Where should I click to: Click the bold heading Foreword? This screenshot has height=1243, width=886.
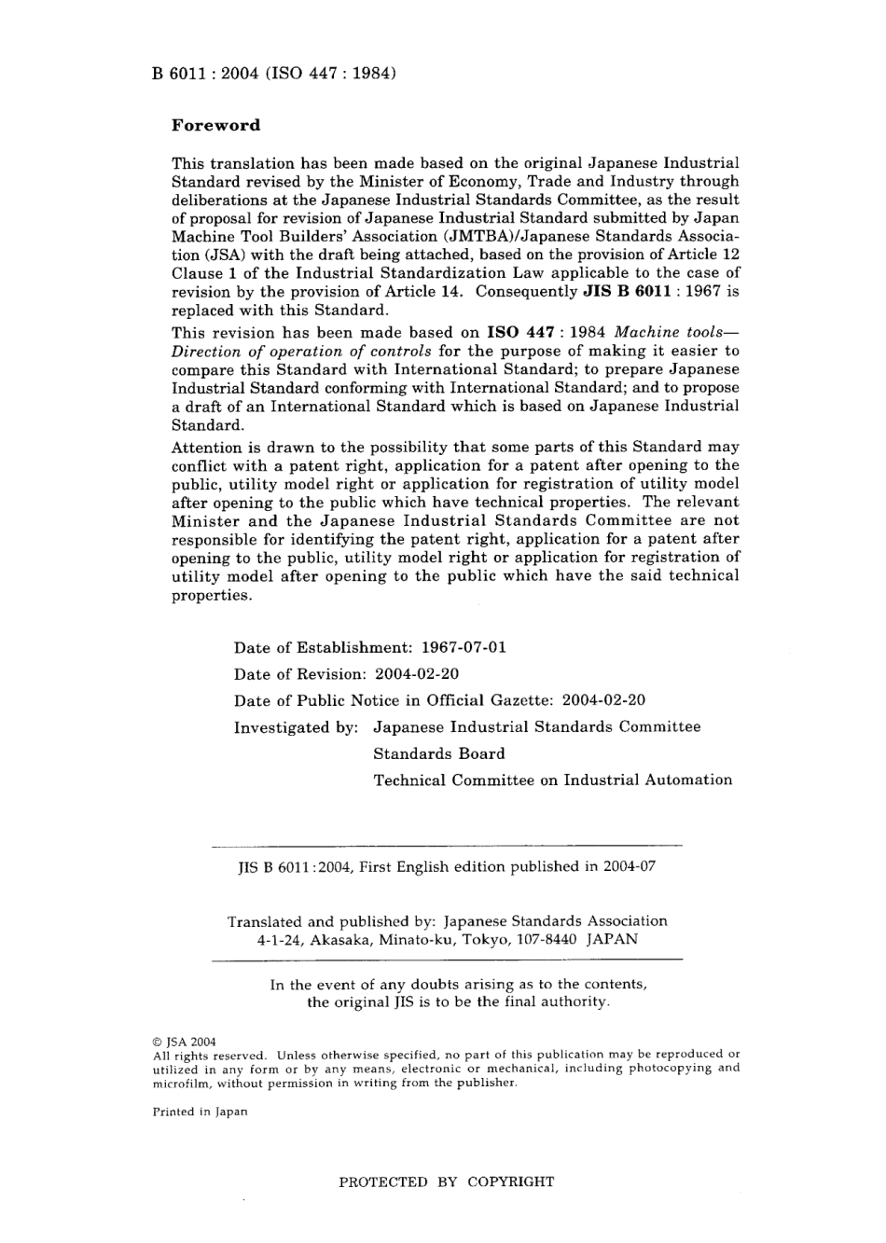click(x=215, y=125)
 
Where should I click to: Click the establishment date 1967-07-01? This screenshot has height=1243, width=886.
click(x=464, y=647)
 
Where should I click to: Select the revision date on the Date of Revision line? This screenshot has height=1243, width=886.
click(x=416, y=673)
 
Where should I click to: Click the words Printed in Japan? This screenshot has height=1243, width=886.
click(x=200, y=1112)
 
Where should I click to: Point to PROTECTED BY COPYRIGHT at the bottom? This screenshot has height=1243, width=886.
click(x=446, y=1182)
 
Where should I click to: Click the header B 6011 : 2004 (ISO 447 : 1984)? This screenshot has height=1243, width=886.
click(x=275, y=73)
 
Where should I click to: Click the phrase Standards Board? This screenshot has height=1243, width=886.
click(x=439, y=753)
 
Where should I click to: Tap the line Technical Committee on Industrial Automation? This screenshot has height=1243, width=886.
click(x=553, y=780)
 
